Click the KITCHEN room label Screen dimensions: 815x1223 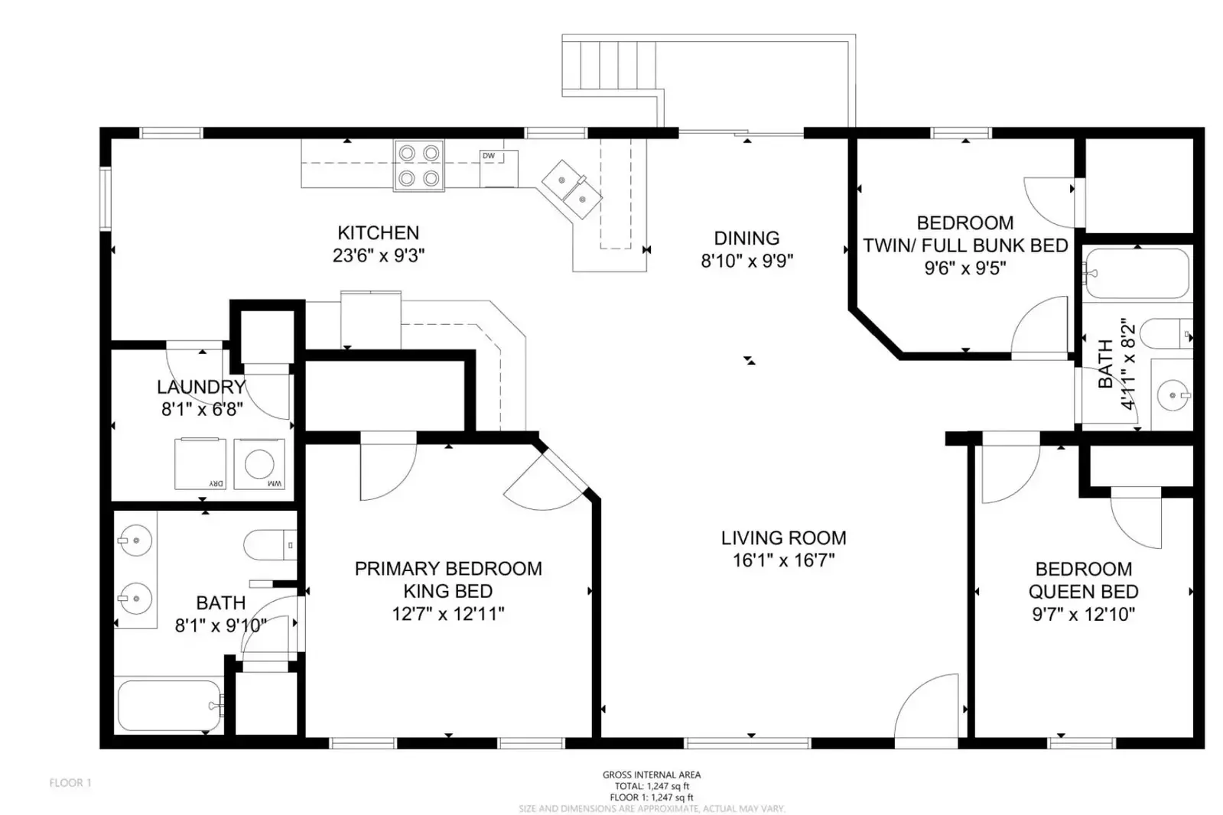tap(378, 232)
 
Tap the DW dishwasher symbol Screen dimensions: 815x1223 tap(497, 168)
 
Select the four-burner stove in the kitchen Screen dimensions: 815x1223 tap(418, 165)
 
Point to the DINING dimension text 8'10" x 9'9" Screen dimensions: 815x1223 tap(746, 261)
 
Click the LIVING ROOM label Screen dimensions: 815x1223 tap(783, 538)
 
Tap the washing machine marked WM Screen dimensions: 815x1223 tap(259, 463)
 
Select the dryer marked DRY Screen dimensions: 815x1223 tap(200, 463)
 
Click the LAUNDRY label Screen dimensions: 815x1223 tap(201, 387)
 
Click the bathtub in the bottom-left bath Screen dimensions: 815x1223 tap(169, 706)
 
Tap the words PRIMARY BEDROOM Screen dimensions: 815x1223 tap(448, 569)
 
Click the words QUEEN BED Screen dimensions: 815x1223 tap(1083, 592)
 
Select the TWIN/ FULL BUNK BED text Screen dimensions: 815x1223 tap(965, 246)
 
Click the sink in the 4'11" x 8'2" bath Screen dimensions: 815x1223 tap(1171, 395)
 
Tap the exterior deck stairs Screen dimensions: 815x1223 tap(609, 65)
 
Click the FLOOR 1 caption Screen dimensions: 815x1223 tap(70, 783)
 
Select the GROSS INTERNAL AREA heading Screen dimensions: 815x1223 tap(652, 774)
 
